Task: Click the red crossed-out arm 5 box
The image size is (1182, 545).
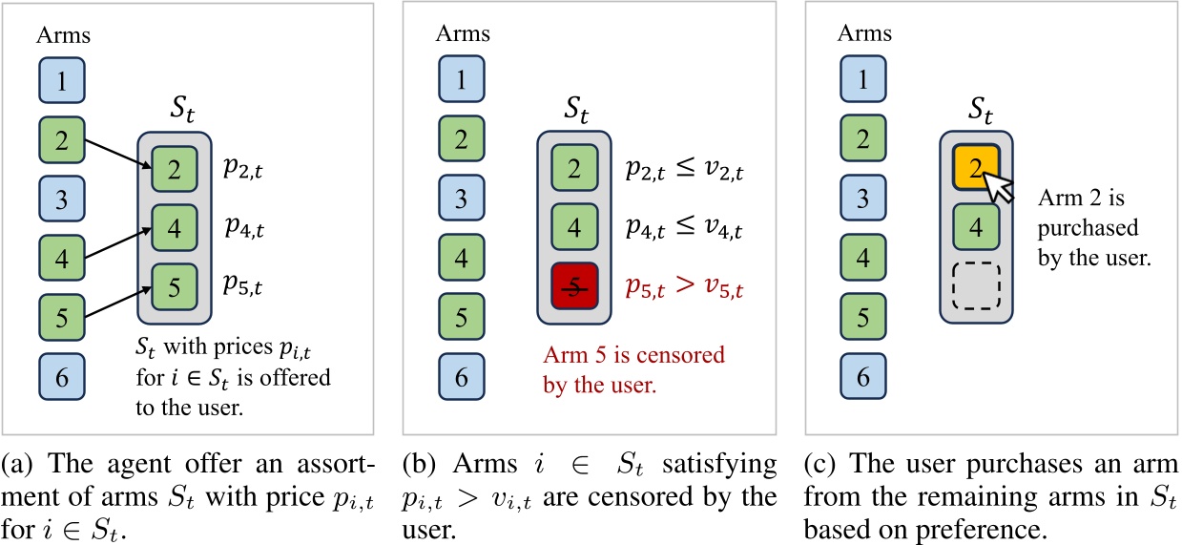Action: tap(574, 286)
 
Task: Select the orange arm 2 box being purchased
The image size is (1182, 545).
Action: tap(976, 167)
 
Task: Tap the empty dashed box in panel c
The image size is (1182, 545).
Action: tap(976, 285)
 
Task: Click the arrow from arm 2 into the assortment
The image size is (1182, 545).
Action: tap(118, 155)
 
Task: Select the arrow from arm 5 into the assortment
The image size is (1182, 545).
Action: tap(118, 302)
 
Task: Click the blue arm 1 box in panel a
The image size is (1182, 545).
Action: tap(62, 80)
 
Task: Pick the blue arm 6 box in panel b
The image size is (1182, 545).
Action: tap(461, 376)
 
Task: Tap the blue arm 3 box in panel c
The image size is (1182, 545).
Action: tap(862, 198)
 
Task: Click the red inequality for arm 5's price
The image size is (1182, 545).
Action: tap(684, 286)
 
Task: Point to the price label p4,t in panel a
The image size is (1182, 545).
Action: tap(244, 227)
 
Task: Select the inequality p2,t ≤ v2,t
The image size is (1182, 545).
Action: tap(684, 169)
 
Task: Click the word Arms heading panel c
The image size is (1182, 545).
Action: tap(864, 33)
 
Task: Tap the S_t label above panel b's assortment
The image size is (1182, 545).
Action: tap(575, 110)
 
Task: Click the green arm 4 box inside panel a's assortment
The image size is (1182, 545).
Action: tap(175, 227)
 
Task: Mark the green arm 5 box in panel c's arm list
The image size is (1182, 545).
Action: tap(862, 317)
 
